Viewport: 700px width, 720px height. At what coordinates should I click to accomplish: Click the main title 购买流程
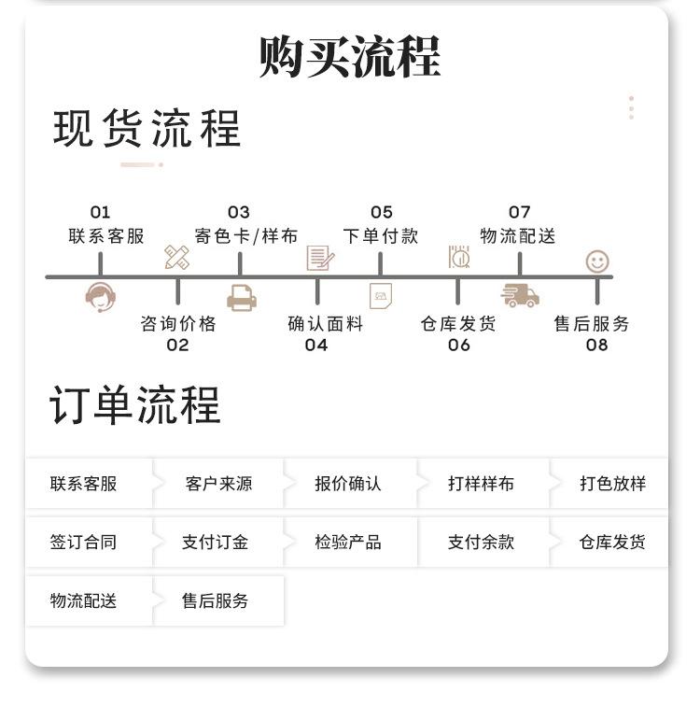pos(349,56)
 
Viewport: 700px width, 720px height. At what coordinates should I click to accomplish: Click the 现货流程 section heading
pos(147,129)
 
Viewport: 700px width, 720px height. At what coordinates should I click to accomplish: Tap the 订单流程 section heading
pos(135,406)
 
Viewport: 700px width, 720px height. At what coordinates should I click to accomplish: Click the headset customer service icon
pos(100,297)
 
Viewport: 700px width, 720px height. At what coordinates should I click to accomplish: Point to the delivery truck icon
pos(520,295)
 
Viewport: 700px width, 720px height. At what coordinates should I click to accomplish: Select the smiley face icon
pos(597,261)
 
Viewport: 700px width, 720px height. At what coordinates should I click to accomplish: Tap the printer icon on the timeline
pos(241,298)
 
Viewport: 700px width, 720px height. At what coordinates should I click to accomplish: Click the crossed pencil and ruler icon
pos(176,258)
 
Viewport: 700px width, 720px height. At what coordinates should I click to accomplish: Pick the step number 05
pos(381,213)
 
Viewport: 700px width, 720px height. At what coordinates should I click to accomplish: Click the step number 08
pos(596,345)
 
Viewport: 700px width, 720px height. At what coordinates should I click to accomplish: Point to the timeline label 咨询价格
pos(177,324)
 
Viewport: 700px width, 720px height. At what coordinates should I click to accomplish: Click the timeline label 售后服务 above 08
pos(592,324)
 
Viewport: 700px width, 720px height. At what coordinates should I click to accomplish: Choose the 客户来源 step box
pos(218,484)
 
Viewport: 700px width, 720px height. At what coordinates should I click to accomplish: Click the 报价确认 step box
pos(348,484)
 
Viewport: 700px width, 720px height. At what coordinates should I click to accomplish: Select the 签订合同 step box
pos(83,542)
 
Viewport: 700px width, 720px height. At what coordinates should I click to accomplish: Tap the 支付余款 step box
pos(481,542)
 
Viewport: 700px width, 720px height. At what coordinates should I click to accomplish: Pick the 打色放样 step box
pos(612,484)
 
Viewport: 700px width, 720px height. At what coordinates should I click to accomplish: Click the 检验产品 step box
pos(348,542)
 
